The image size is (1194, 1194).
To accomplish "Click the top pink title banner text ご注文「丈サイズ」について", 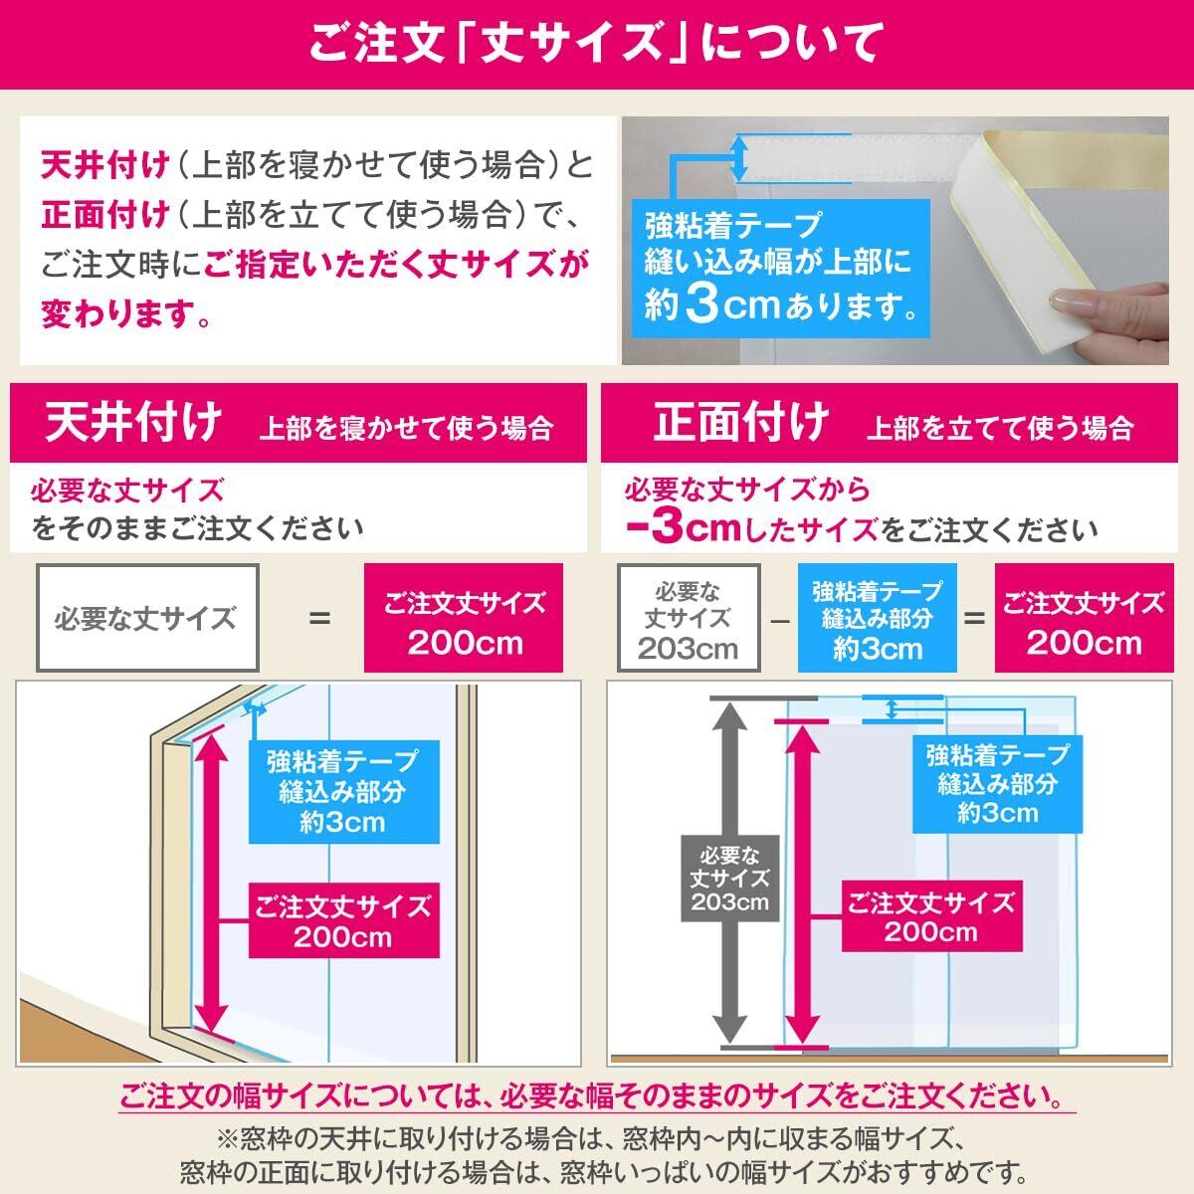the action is point(596,45).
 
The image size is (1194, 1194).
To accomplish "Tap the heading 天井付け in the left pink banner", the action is point(133,424).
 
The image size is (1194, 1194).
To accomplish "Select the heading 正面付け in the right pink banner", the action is point(741,424).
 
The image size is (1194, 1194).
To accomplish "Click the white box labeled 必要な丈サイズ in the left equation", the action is point(147,618).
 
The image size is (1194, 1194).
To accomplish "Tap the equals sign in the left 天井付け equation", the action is point(318,619).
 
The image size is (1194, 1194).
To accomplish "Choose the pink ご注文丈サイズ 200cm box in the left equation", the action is point(465,619).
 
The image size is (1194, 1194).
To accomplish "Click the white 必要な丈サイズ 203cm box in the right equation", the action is point(689,619).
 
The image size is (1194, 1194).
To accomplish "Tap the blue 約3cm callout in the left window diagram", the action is point(342,791).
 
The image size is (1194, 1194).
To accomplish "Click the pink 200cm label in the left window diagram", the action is point(342,921).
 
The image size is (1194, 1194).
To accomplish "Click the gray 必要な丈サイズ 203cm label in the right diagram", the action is point(729,879).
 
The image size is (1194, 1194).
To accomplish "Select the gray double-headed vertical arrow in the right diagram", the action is point(731,776).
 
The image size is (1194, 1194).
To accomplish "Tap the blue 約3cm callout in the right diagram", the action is point(996,783).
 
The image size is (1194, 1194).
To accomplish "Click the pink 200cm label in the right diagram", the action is point(930,916).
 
